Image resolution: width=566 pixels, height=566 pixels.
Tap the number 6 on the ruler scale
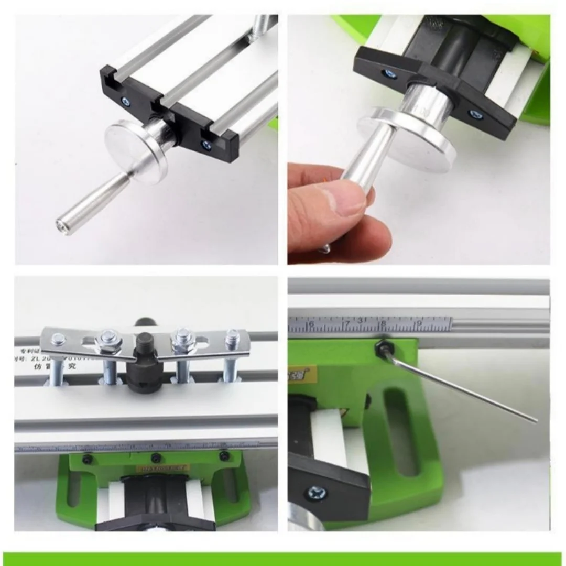(x=310, y=325)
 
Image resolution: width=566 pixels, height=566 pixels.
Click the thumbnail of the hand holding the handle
(x=419, y=139)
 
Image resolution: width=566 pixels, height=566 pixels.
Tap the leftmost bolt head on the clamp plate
(x=59, y=340)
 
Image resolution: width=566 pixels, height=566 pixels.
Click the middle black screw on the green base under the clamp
(x=156, y=458)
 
